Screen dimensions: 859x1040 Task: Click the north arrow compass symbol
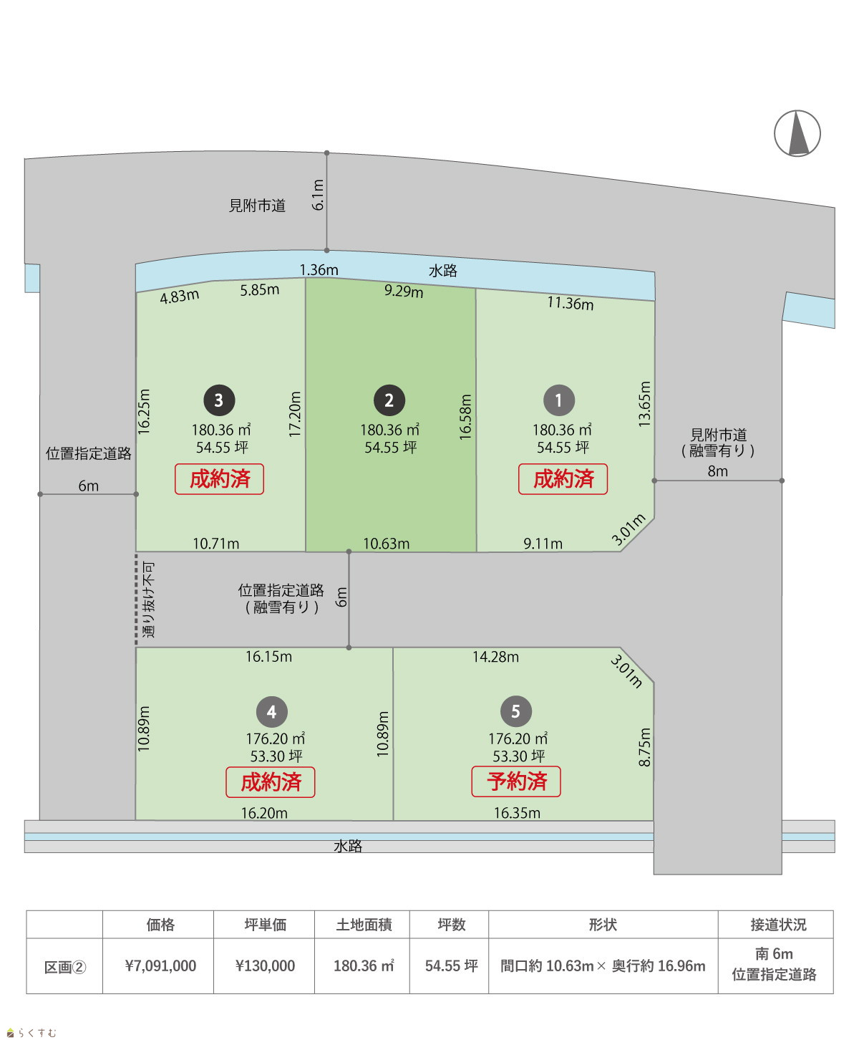pyautogui.click(x=797, y=133)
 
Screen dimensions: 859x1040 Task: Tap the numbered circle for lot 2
pyautogui.click(x=389, y=400)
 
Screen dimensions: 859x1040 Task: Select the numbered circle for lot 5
pyautogui.click(x=516, y=711)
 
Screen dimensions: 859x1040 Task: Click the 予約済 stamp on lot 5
pyautogui.click(x=516, y=781)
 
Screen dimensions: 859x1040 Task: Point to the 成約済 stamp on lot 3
pyautogui.click(x=219, y=478)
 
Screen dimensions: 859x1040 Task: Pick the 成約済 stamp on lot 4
pyautogui.click(x=271, y=782)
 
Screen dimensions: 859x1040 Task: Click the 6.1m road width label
pyautogui.click(x=318, y=195)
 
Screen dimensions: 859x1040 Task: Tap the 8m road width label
pyautogui.click(x=717, y=471)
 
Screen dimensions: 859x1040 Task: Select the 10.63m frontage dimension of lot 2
pyautogui.click(x=386, y=544)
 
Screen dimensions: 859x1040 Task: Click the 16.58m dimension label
pyautogui.click(x=465, y=417)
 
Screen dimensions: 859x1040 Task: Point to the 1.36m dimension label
pyautogui.click(x=319, y=270)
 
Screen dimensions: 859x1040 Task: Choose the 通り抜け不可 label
pyautogui.click(x=148, y=600)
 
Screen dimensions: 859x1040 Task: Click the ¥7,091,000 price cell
pyautogui.click(x=160, y=966)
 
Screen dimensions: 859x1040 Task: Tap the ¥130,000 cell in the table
pyautogui.click(x=265, y=966)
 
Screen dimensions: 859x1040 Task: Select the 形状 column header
pyautogui.click(x=603, y=925)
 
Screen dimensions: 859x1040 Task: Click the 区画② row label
pyautogui.click(x=64, y=967)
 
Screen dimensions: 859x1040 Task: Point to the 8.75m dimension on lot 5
pyautogui.click(x=644, y=747)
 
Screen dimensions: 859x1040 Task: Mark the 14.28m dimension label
pyautogui.click(x=495, y=657)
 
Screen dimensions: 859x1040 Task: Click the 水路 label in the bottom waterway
pyautogui.click(x=348, y=846)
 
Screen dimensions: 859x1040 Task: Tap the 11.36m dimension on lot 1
pyautogui.click(x=571, y=304)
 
